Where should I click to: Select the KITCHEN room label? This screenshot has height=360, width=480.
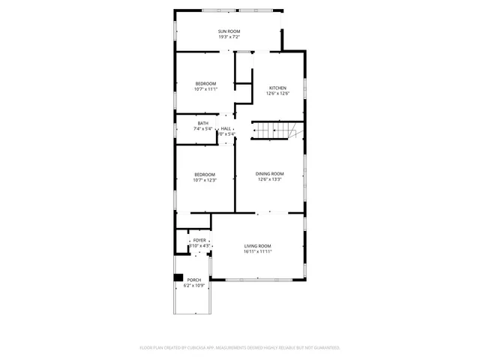(277, 88)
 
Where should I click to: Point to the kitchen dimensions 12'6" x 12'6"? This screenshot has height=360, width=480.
(277, 94)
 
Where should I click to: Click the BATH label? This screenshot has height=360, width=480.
(203, 123)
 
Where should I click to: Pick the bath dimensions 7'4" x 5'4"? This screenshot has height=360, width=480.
(203, 128)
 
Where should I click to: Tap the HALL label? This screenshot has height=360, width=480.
(226, 128)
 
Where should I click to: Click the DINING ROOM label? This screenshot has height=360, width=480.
(270, 173)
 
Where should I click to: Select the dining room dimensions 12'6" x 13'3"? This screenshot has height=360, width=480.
(270, 179)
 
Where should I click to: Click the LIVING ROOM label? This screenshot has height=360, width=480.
(257, 246)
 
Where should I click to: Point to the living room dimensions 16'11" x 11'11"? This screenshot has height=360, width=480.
(257, 252)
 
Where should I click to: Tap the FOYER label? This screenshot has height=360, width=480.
(199, 240)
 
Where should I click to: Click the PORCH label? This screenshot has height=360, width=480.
(194, 280)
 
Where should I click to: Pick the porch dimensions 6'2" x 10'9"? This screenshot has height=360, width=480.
(194, 286)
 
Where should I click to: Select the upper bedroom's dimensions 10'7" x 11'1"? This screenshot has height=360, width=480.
(205, 89)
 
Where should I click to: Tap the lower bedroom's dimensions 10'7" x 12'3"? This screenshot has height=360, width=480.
(205, 181)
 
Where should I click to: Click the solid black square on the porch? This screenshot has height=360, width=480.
(178, 279)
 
